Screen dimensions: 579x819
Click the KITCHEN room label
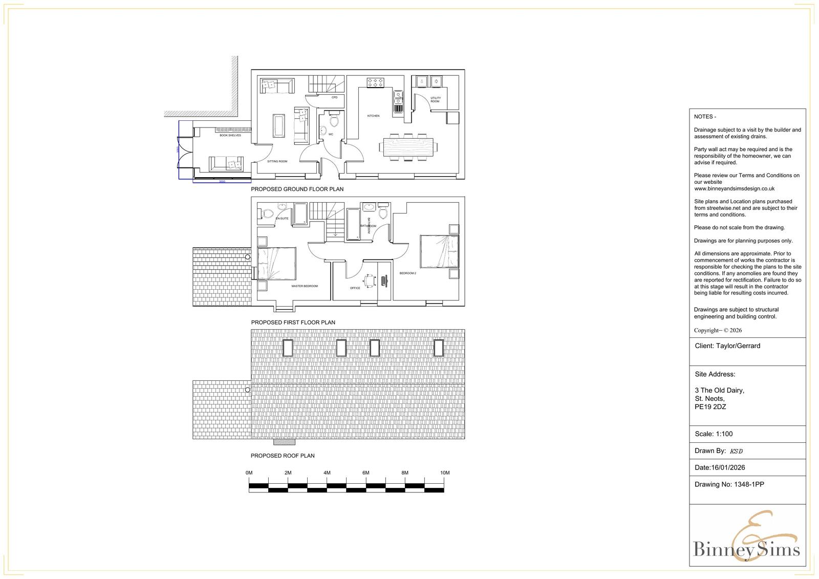pos(373,116)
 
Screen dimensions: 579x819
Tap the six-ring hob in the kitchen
pos(375,82)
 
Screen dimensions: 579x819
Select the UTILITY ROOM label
pos(435,100)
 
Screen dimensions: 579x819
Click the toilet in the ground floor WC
pos(334,121)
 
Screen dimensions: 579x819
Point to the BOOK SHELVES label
pos(230,135)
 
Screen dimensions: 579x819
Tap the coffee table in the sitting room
pos(279,125)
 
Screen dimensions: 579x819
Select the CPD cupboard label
pos(334,97)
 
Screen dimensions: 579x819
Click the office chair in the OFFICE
pos(369,280)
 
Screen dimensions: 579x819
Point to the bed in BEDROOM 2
pos(439,251)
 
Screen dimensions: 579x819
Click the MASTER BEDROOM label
pos(304,286)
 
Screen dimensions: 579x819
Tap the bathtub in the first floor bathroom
pos(353,224)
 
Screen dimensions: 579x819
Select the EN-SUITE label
pos(282,219)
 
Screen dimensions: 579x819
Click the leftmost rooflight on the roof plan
pos(288,348)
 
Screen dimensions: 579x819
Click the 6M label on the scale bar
pos(365,473)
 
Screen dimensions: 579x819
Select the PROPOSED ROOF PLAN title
pos(283,456)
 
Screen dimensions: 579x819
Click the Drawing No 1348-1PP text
pos(729,484)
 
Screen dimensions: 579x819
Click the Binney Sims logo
pos(747,543)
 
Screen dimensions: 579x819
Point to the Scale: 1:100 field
pos(714,434)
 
